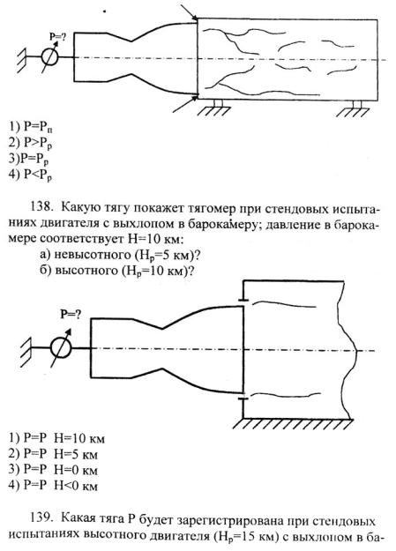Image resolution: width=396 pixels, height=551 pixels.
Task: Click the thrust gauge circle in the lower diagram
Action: [61, 348]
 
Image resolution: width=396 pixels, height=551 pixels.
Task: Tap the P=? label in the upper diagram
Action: [57, 35]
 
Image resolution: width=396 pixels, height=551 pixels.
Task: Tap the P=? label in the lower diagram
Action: [71, 314]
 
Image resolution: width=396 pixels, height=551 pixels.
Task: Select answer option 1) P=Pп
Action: [31, 127]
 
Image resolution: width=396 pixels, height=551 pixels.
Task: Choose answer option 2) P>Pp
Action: [31, 143]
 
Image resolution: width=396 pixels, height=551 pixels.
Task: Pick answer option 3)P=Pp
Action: [29, 160]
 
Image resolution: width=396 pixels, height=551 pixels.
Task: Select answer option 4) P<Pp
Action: [31, 175]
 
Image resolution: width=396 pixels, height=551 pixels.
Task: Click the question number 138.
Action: [41, 208]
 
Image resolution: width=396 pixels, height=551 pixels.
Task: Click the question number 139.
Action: [41, 518]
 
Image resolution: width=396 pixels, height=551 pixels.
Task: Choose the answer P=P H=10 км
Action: [56, 438]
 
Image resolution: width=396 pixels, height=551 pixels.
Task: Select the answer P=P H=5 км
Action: [53, 454]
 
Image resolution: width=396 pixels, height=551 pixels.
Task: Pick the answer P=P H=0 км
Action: [53, 470]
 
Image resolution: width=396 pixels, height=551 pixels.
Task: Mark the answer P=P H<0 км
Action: [53, 486]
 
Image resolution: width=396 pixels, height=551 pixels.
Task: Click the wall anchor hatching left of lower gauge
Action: [26, 349]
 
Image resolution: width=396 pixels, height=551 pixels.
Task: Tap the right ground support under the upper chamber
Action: [353, 109]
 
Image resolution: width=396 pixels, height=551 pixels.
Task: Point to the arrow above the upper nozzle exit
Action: [190, 11]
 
